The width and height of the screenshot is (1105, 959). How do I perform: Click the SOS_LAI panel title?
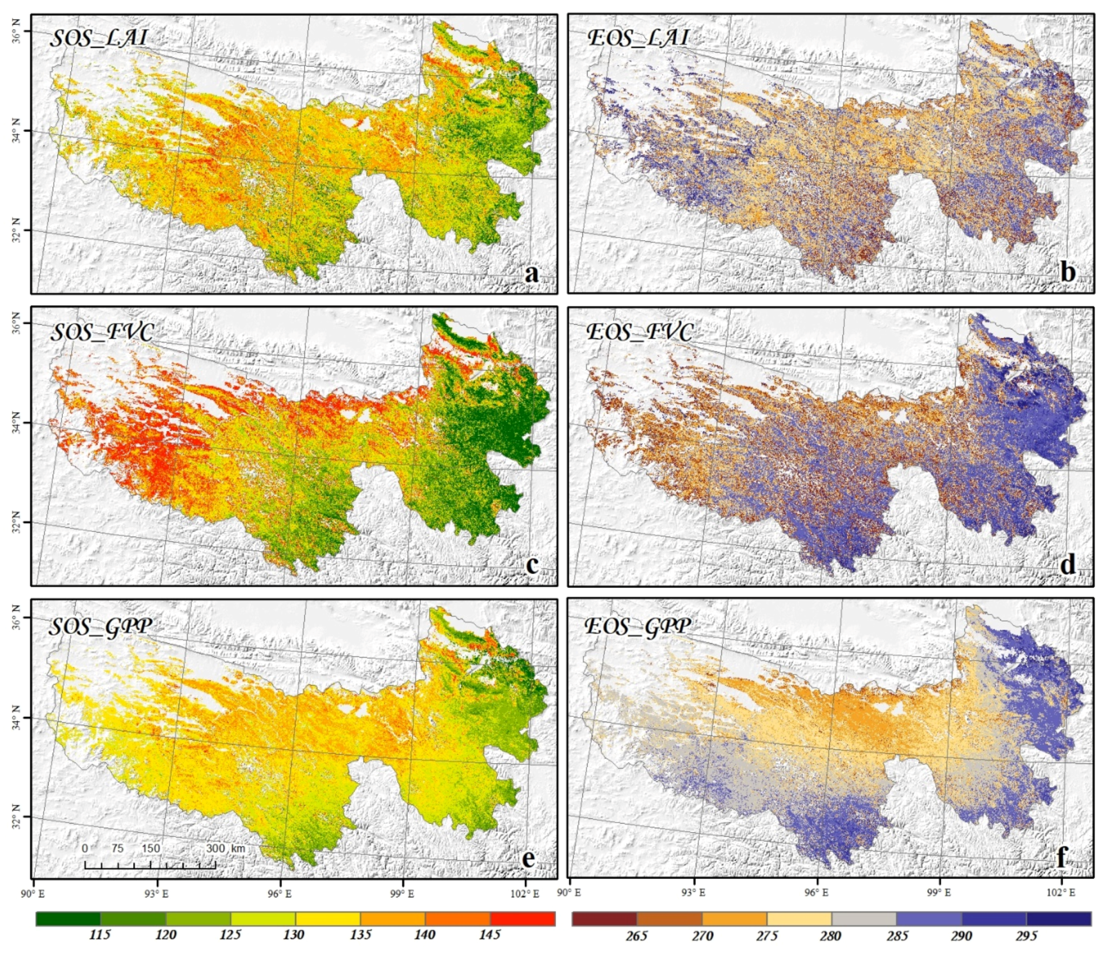tap(99, 38)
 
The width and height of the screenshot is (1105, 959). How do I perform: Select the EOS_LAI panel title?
tap(638, 38)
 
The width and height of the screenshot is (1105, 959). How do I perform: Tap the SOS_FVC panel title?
tap(102, 332)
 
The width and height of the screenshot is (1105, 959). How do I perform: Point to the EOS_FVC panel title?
tap(640, 332)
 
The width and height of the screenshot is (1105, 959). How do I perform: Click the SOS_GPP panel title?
tap(100, 627)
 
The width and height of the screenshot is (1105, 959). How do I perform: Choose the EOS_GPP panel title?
tap(637, 627)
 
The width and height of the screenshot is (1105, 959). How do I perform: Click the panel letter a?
tap(532, 274)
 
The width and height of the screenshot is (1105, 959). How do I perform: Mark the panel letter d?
tap(1068, 565)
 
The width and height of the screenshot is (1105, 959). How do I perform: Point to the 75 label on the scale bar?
tap(117, 848)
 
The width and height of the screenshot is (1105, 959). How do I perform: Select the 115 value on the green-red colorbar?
tap(100, 935)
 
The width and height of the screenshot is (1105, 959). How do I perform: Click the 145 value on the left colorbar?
tap(490, 935)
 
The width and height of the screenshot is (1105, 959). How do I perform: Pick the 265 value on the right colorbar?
tap(636, 936)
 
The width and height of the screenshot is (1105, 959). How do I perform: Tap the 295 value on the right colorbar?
tap(1027, 936)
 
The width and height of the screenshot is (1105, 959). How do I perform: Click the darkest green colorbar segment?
tap(68, 918)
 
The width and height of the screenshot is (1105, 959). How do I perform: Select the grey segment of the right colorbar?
tap(864, 918)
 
